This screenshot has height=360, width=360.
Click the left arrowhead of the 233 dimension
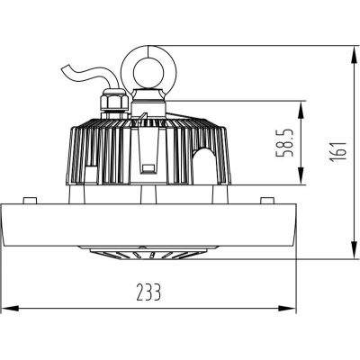tap(5, 308)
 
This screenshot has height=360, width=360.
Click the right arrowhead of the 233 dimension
tap(294, 308)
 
